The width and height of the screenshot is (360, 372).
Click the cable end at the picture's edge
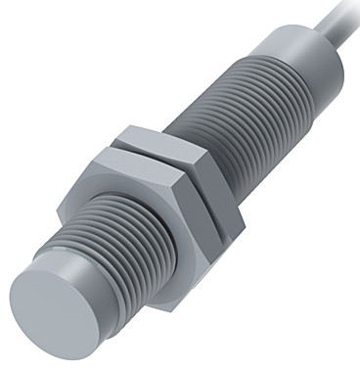(x=352, y=4)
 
